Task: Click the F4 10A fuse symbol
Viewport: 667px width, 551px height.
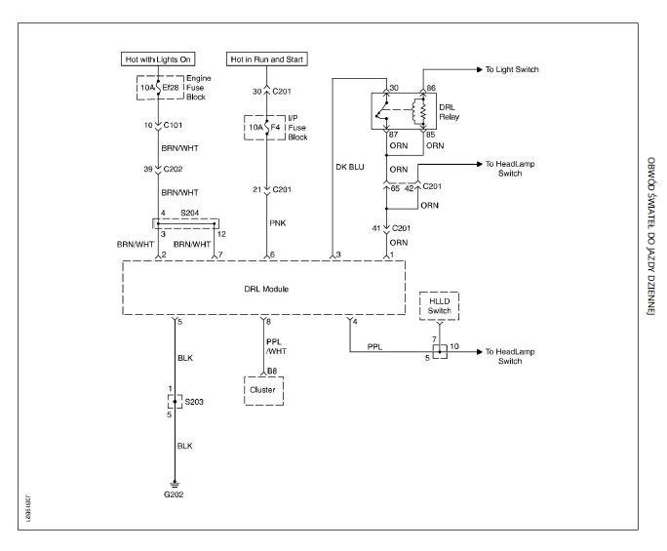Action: [264, 126]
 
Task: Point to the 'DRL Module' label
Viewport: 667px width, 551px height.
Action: [263, 290]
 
